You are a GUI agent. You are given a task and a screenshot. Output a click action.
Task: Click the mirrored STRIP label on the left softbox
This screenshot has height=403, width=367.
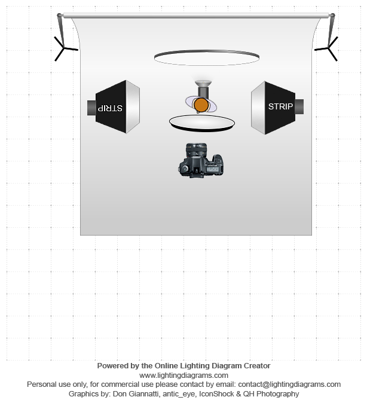pyautogui.click(x=110, y=108)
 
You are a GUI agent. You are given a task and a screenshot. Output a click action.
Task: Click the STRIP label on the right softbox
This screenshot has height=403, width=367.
pyautogui.click(x=281, y=106)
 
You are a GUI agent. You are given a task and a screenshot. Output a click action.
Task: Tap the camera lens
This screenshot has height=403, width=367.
pyautogui.click(x=196, y=150)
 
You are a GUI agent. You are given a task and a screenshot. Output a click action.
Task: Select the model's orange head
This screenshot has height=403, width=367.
pyautogui.click(x=201, y=105)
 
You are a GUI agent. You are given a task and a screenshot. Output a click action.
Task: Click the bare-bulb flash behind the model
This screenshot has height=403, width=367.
pyautogui.click(x=203, y=88)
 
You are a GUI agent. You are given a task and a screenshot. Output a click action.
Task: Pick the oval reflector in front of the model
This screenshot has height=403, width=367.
pyautogui.click(x=202, y=123)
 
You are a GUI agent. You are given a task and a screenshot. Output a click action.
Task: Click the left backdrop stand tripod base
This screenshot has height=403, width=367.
pyautogui.click(x=64, y=48)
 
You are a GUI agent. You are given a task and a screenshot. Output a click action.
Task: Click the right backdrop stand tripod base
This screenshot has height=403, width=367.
pyautogui.click(x=328, y=48)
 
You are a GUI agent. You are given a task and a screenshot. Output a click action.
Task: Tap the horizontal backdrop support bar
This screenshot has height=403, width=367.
pyautogui.click(x=196, y=16)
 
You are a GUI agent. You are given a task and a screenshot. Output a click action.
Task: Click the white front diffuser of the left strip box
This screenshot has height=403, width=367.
pyautogui.click(x=133, y=106)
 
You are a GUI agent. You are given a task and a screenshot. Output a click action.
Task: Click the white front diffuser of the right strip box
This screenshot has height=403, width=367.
pyautogui.click(x=258, y=108)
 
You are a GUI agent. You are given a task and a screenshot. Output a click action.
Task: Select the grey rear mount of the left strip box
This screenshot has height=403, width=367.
pyautogui.click(x=91, y=108)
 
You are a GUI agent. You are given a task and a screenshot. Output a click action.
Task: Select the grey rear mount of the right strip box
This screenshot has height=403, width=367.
pyautogui.click(x=299, y=106)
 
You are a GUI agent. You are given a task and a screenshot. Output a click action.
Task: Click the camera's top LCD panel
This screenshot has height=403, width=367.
pyautogui.click(x=212, y=169)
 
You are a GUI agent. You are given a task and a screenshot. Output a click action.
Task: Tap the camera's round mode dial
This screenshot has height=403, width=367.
pyautogui.click(x=185, y=169)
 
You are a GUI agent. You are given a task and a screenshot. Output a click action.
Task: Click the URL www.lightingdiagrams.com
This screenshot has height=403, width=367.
pyautogui.click(x=183, y=375)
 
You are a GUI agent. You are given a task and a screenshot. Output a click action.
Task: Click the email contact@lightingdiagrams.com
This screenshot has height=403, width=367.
pyautogui.click(x=289, y=384)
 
